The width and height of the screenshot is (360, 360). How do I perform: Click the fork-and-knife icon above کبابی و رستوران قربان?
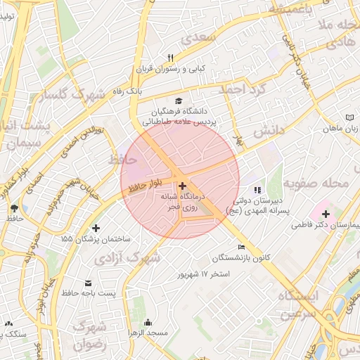coord(169,58)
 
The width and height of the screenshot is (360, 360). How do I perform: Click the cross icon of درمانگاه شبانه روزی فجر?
coord(182,186)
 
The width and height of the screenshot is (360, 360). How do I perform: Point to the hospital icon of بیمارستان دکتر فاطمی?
coord(326,214)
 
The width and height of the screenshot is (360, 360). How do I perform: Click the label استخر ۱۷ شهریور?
coord(206,273)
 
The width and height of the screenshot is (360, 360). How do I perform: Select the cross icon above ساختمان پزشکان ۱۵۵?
coord(96,228)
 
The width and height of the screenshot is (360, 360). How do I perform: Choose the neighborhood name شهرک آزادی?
coord(134,258)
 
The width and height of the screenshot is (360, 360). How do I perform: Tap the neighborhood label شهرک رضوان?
coord(89,336)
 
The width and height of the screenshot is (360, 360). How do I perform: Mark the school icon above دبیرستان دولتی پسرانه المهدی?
coord(257,189)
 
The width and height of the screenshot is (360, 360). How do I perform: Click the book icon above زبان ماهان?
coord(351,117)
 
